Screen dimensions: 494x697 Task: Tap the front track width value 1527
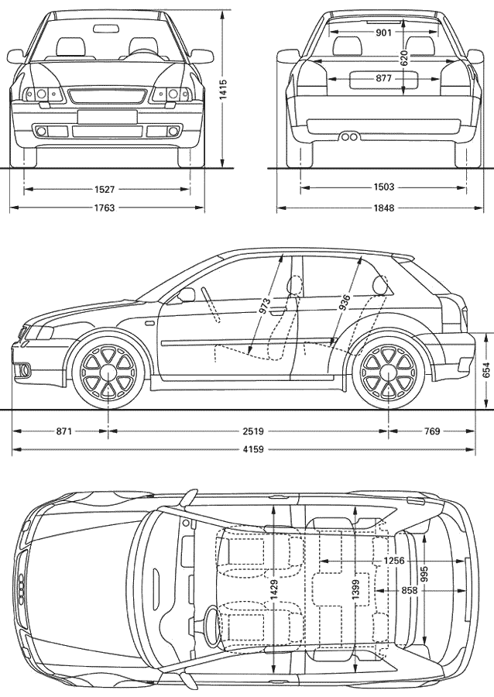click(105, 190)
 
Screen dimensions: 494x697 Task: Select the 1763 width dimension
click(105, 208)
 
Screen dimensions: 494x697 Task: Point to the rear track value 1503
click(384, 187)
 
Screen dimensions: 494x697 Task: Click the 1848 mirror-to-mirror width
click(384, 208)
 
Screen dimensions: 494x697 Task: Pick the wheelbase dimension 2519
click(253, 431)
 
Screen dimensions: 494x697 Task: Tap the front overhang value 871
click(64, 431)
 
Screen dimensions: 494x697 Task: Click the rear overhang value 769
click(432, 431)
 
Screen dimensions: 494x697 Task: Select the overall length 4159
click(253, 449)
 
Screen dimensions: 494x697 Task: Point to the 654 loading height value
click(486, 371)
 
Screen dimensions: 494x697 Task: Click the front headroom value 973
click(265, 307)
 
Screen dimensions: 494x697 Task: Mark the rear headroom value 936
click(345, 303)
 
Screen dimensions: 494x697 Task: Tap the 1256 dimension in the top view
click(394, 561)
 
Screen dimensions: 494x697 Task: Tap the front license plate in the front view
click(107, 116)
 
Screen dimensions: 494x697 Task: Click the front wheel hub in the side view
click(108, 372)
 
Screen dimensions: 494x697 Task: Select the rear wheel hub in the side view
click(389, 372)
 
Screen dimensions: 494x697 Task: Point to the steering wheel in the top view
click(212, 628)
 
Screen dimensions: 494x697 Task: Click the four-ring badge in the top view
click(20, 587)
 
